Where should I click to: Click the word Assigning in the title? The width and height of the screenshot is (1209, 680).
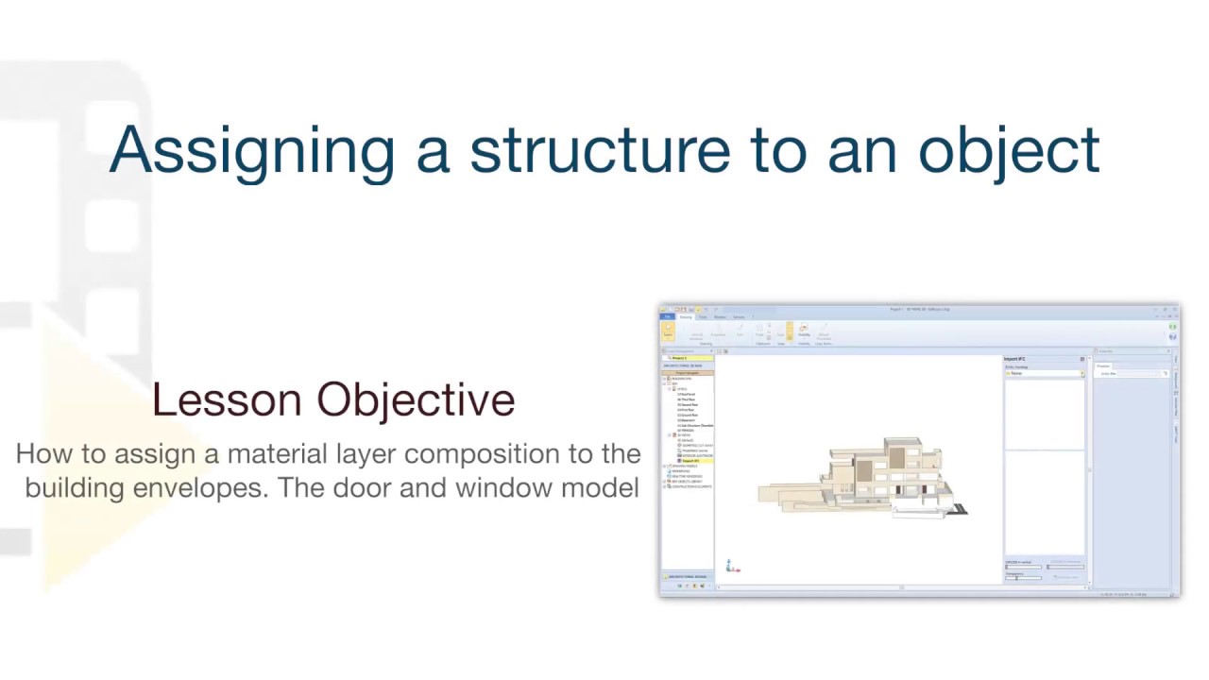[251, 150]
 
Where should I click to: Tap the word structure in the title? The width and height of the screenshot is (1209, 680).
[599, 150]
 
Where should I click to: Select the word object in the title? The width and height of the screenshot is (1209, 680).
[1010, 150]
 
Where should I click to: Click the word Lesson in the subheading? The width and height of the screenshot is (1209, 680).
[227, 399]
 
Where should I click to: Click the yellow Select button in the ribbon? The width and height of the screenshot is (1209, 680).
[668, 331]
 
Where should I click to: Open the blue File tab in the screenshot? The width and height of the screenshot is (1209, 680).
[666, 317]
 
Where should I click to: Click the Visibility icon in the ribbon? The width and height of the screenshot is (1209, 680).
[804, 331]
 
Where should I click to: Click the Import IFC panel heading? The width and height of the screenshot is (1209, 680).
[1015, 359]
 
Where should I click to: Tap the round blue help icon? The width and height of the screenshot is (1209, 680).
[1172, 336]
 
